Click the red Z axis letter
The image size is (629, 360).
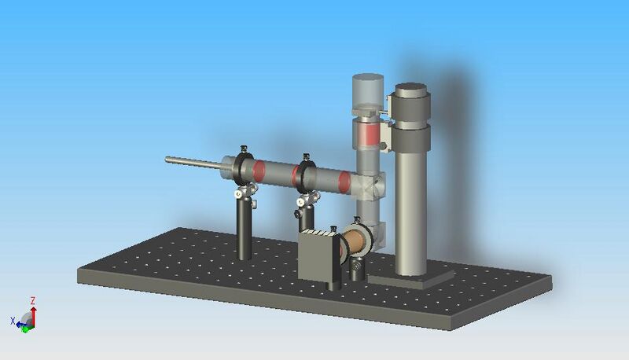32,300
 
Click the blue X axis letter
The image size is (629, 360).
13,321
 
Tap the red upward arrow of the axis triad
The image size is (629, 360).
32,312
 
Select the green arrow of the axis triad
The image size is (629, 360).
25,328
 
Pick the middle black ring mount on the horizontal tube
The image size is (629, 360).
303,174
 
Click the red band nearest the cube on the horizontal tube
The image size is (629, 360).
344,182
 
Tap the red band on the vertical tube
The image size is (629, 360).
367,134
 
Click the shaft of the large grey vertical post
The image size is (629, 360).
409,212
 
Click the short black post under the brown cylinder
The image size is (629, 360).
359,270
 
